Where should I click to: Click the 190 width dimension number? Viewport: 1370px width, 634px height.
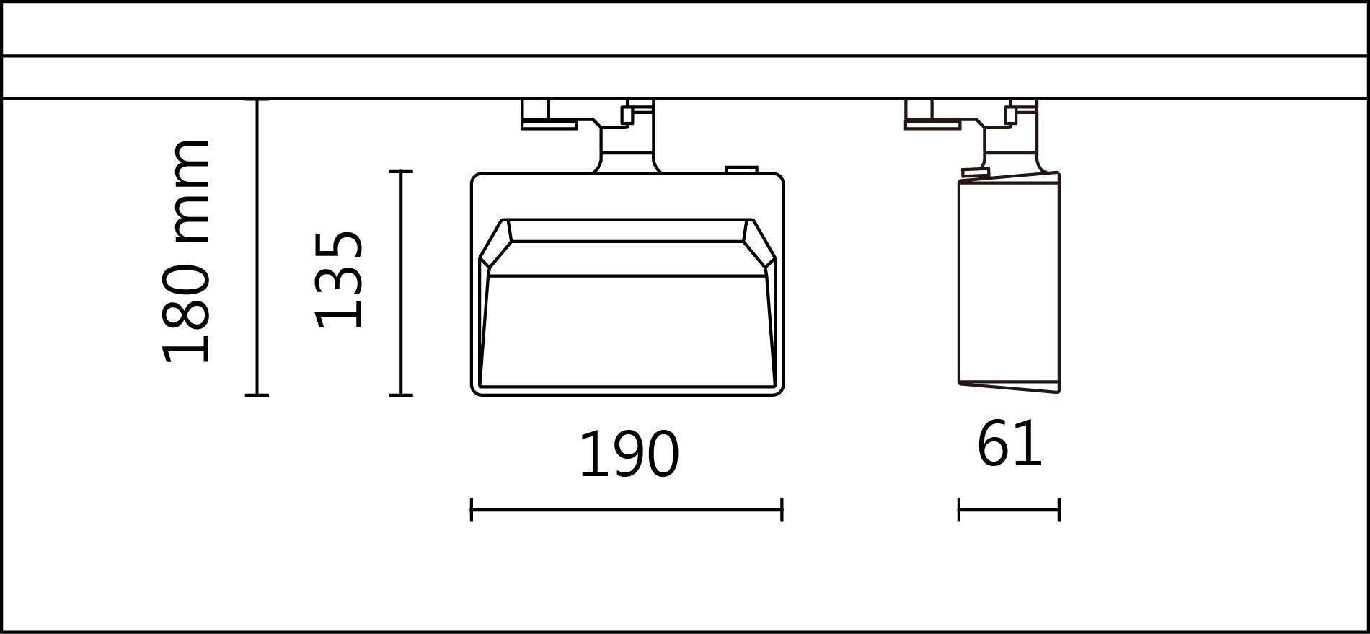click(x=629, y=454)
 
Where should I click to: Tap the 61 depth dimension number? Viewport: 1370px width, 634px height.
click(x=1009, y=444)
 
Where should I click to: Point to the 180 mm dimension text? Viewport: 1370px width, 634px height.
click(x=186, y=251)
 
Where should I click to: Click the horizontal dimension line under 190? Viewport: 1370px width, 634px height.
click(x=626, y=510)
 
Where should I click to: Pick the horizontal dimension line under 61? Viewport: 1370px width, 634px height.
click(x=1009, y=510)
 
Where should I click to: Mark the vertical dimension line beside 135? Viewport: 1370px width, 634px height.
click(x=401, y=283)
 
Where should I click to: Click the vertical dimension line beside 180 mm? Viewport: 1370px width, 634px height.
click(x=257, y=247)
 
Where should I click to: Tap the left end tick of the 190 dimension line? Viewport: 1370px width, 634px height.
click(x=472, y=510)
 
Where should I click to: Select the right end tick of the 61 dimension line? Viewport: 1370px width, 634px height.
click(x=1059, y=510)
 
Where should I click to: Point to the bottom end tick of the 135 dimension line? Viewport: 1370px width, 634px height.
click(x=401, y=395)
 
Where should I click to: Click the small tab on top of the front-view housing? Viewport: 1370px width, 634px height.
click(x=741, y=170)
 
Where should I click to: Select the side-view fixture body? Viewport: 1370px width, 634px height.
click(x=1008, y=281)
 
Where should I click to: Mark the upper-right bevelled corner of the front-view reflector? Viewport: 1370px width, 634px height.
click(x=760, y=245)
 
